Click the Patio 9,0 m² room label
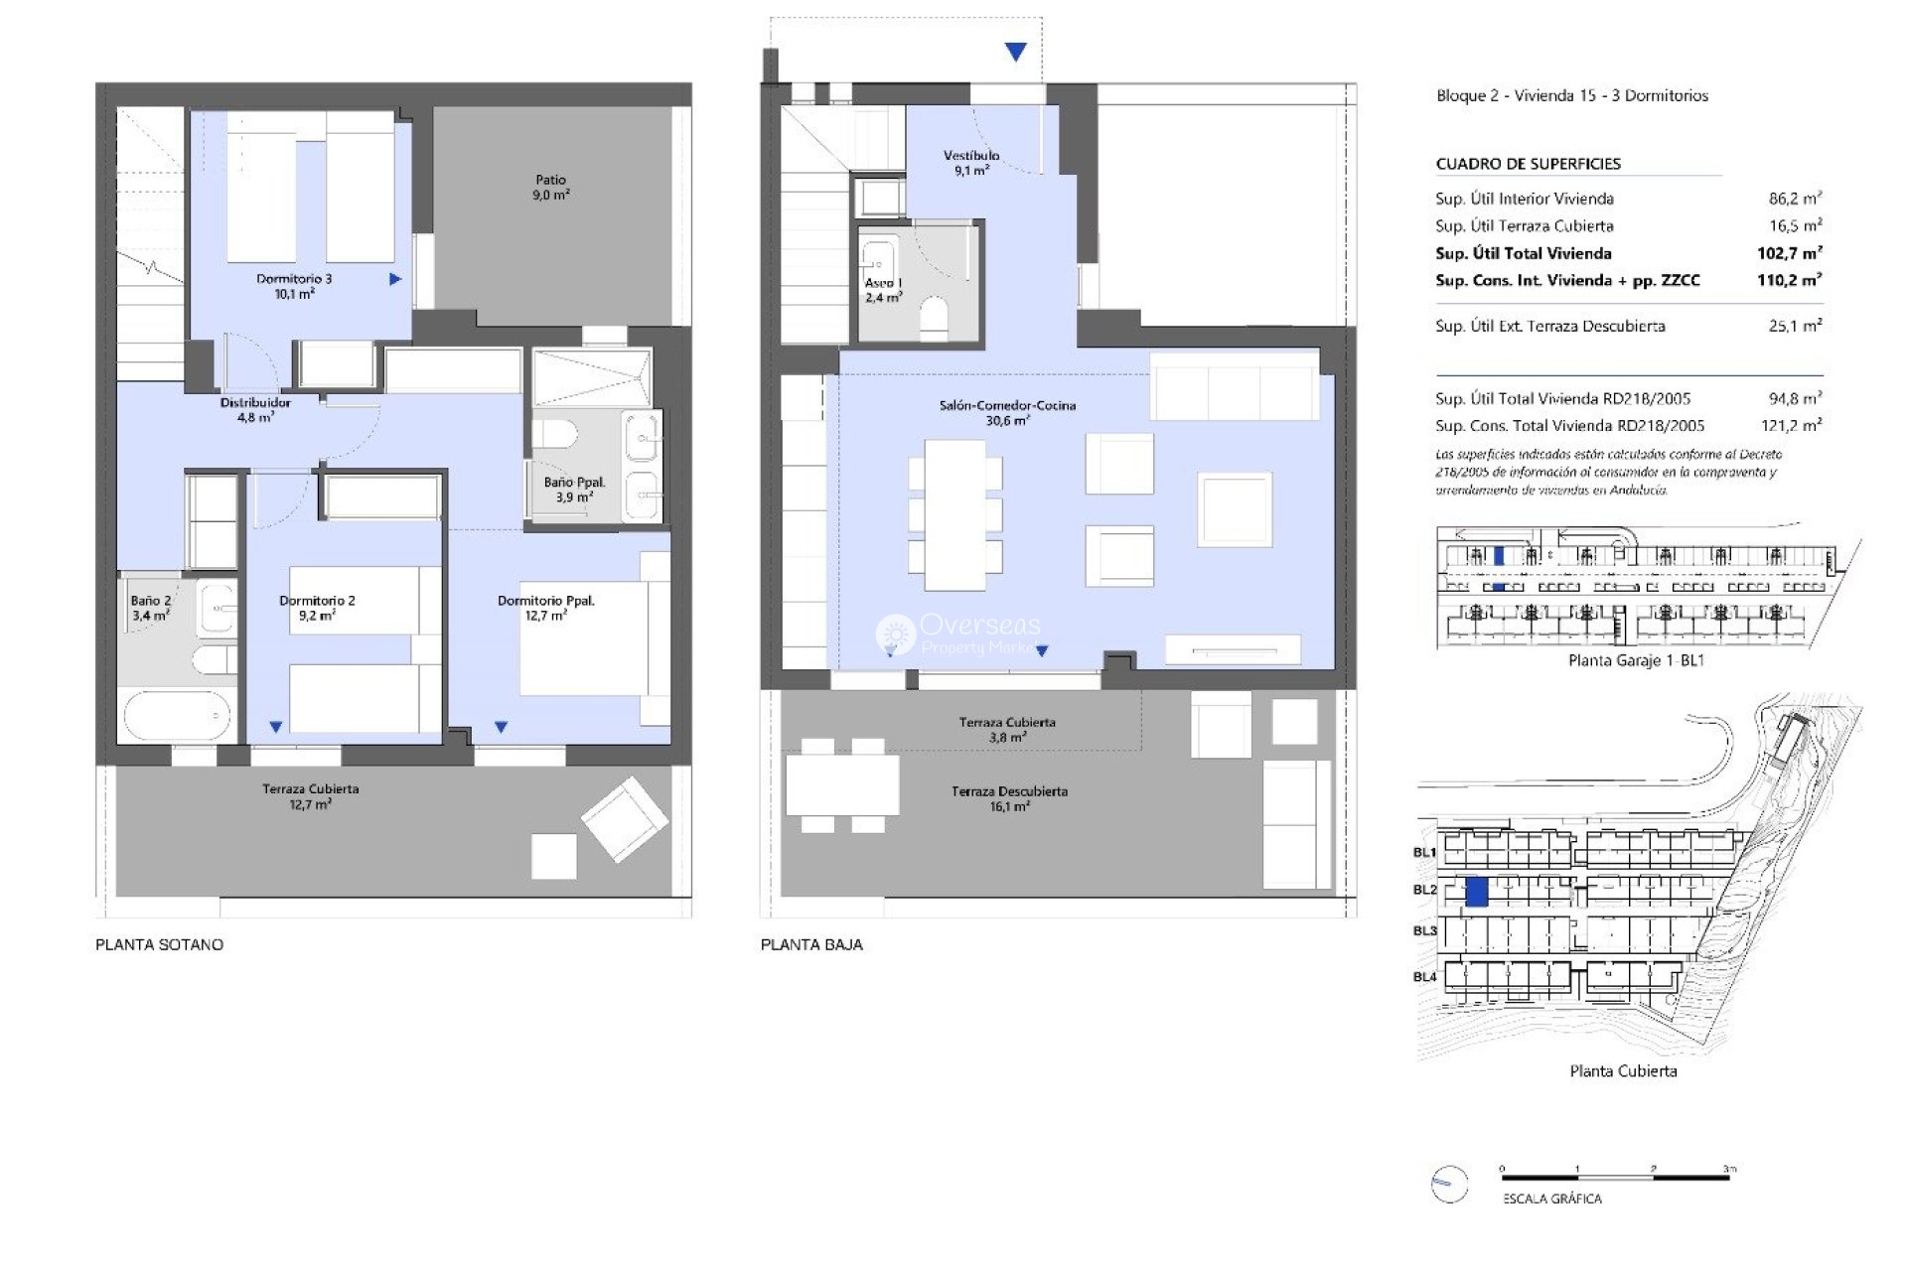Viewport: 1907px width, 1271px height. (550, 188)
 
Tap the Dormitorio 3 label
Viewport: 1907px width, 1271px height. (294, 286)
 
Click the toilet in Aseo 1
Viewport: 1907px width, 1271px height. (935, 318)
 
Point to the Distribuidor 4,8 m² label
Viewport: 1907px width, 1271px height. (255, 410)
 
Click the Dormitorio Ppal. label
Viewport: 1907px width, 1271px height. (545, 608)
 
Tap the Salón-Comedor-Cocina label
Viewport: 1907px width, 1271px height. (1007, 412)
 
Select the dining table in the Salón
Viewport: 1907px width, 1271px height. (954, 514)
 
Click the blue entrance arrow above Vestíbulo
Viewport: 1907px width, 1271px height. (1015, 52)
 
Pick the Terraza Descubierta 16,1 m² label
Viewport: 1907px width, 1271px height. (1009, 798)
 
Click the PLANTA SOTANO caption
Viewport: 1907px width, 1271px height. (159, 944)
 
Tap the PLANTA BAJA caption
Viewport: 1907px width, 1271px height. (811, 944)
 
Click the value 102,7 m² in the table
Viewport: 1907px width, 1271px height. (1789, 253)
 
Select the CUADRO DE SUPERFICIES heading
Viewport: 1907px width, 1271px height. (1528, 164)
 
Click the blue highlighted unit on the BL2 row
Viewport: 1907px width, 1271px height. (1477, 891)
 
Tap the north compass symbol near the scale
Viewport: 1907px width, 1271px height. (1449, 1184)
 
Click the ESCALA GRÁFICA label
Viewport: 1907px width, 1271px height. (1551, 1199)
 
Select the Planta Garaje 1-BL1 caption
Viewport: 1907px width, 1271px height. (1636, 660)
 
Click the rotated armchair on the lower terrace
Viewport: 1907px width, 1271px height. (624, 819)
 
